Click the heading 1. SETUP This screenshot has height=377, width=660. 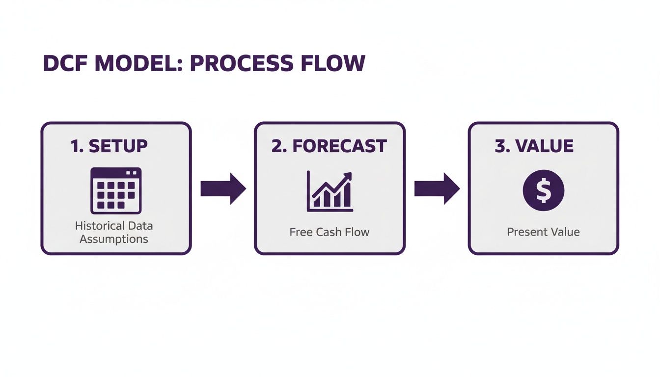(x=109, y=146)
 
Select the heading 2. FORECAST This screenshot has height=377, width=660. (x=329, y=146)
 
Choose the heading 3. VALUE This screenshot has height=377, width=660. (x=534, y=146)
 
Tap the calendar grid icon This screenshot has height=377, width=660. (x=116, y=190)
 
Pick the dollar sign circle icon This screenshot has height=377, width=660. (x=544, y=190)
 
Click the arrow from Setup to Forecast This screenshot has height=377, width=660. (x=223, y=188)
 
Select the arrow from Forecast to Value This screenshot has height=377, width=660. (x=437, y=188)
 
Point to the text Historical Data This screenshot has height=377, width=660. (x=114, y=226)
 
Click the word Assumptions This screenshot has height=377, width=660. (x=114, y=239)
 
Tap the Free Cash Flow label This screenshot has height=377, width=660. (x=329, y=232)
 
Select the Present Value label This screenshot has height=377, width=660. (x=543, y=232)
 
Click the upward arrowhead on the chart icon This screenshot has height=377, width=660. (x=348, y=176)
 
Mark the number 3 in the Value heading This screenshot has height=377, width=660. (x=499, y=146)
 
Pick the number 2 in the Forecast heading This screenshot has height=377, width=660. (x=276, y=146)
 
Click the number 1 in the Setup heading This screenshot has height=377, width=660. (x=75, y=146)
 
